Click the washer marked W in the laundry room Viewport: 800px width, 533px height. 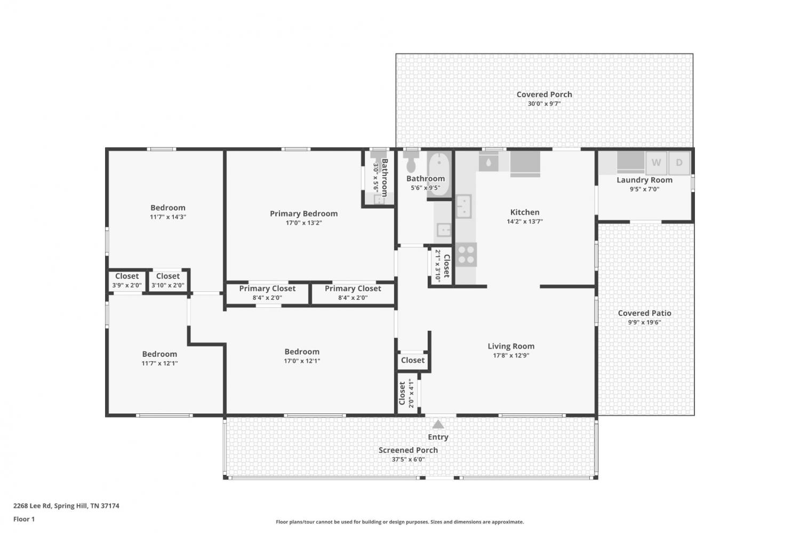point(656,163)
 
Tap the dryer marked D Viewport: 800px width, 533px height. point(679,163)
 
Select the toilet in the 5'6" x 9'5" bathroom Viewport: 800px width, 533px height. point(411,162)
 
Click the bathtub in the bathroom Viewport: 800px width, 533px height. point(439,175)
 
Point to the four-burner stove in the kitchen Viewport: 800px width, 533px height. point(466,254)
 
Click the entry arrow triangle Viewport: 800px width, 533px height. point(438,424)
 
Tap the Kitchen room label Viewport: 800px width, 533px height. point(525,212)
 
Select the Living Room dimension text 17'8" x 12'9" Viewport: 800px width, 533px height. point(511,355)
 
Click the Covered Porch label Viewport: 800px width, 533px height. point(545,94)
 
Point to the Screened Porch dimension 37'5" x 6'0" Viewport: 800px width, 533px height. point(408,459)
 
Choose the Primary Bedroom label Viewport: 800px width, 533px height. point(303,213)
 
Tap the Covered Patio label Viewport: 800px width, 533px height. point(645,313)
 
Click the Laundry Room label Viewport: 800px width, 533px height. point(645,180)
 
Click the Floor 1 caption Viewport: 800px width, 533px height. point(24,520)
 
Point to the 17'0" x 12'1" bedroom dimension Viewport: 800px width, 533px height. point(302,361)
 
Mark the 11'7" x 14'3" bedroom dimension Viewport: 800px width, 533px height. point(168,217)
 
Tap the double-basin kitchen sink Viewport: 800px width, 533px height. point(463,206)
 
